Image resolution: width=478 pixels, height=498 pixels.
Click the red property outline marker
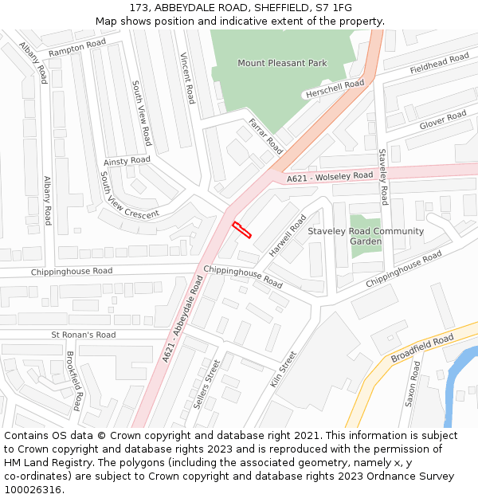pos(241,230)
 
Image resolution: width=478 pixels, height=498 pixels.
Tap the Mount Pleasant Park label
pos(282,63)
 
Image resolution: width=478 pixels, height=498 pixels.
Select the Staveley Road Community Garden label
pos(366,236)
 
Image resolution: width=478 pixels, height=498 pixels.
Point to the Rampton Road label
pos(76,48)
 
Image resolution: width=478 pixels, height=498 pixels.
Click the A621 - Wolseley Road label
pos(330,177)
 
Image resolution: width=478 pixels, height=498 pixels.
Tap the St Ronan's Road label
pos(83,335)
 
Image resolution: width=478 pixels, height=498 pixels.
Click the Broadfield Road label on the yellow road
pos(422,348)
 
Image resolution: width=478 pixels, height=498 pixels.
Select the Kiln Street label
pos(283,369)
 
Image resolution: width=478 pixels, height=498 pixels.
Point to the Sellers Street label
pos(207,383)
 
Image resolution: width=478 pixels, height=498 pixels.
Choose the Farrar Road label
pos(266,135)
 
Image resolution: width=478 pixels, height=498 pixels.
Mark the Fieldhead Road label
pos(439,65)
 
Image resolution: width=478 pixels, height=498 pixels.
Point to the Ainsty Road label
pos(127,160)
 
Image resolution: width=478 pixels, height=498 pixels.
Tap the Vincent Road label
pos(187,78)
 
